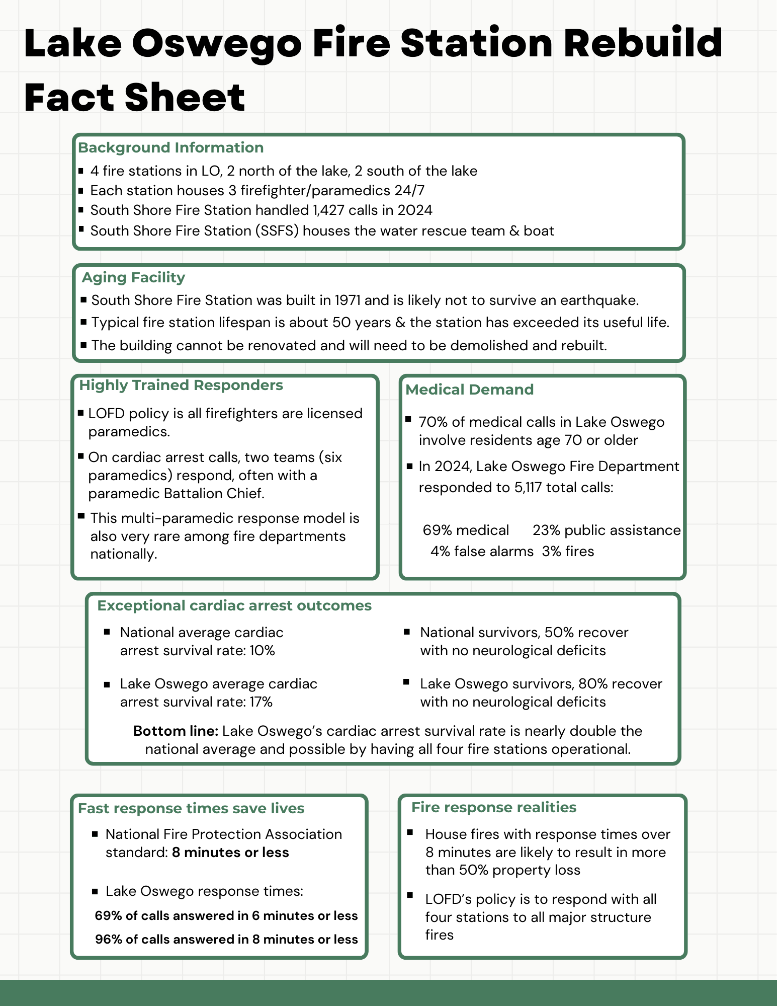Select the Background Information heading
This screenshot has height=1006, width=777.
click(170, 147)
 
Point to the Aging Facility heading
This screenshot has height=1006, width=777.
click(133, 277)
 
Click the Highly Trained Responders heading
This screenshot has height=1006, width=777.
click(181, 385)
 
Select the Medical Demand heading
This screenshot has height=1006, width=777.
click(469, 390)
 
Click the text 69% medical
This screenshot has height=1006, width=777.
click(465, 530)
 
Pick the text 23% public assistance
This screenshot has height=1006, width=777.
click(606, 530)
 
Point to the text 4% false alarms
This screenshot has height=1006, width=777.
click(481, 552)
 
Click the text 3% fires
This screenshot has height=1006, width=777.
click(568, 552)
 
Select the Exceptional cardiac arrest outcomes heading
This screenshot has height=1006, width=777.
click(234, 605)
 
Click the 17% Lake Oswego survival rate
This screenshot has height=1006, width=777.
click(261, 702)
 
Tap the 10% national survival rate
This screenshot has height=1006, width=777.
click(262, 651)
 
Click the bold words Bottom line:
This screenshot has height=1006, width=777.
click(176, 731)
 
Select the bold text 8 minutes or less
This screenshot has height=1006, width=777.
click(230, 853)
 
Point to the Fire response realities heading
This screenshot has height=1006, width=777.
click(493, 807)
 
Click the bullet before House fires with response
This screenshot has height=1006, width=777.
click(410, 833)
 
